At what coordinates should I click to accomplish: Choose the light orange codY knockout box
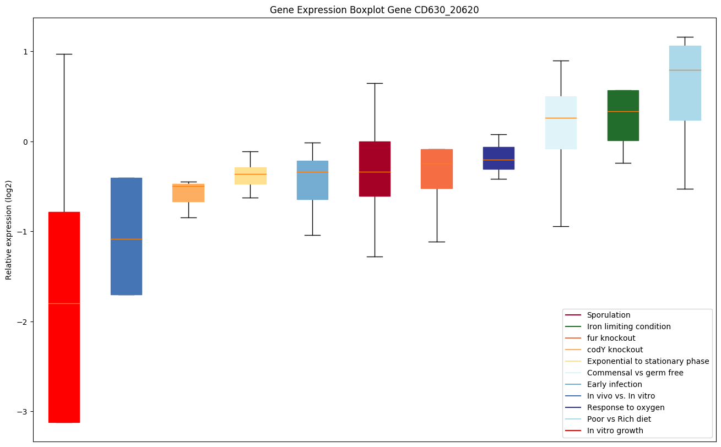[x=188, y=195]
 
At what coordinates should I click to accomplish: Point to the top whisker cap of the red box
[x=64, y=54]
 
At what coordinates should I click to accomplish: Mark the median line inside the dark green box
[x=623, y=111]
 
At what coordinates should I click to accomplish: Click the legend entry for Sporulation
[x=608, y=315]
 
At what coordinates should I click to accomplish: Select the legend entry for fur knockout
[x=611, y=338]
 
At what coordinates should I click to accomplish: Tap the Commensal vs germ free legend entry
[x=635, y=373]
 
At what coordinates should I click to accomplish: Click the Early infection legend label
[x=614, y=384]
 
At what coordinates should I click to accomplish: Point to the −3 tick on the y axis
[x=25, y=412]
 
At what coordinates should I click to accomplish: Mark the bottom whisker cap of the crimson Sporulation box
[x=375, y=257]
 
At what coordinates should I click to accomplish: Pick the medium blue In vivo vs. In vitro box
[x=126, y=259]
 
